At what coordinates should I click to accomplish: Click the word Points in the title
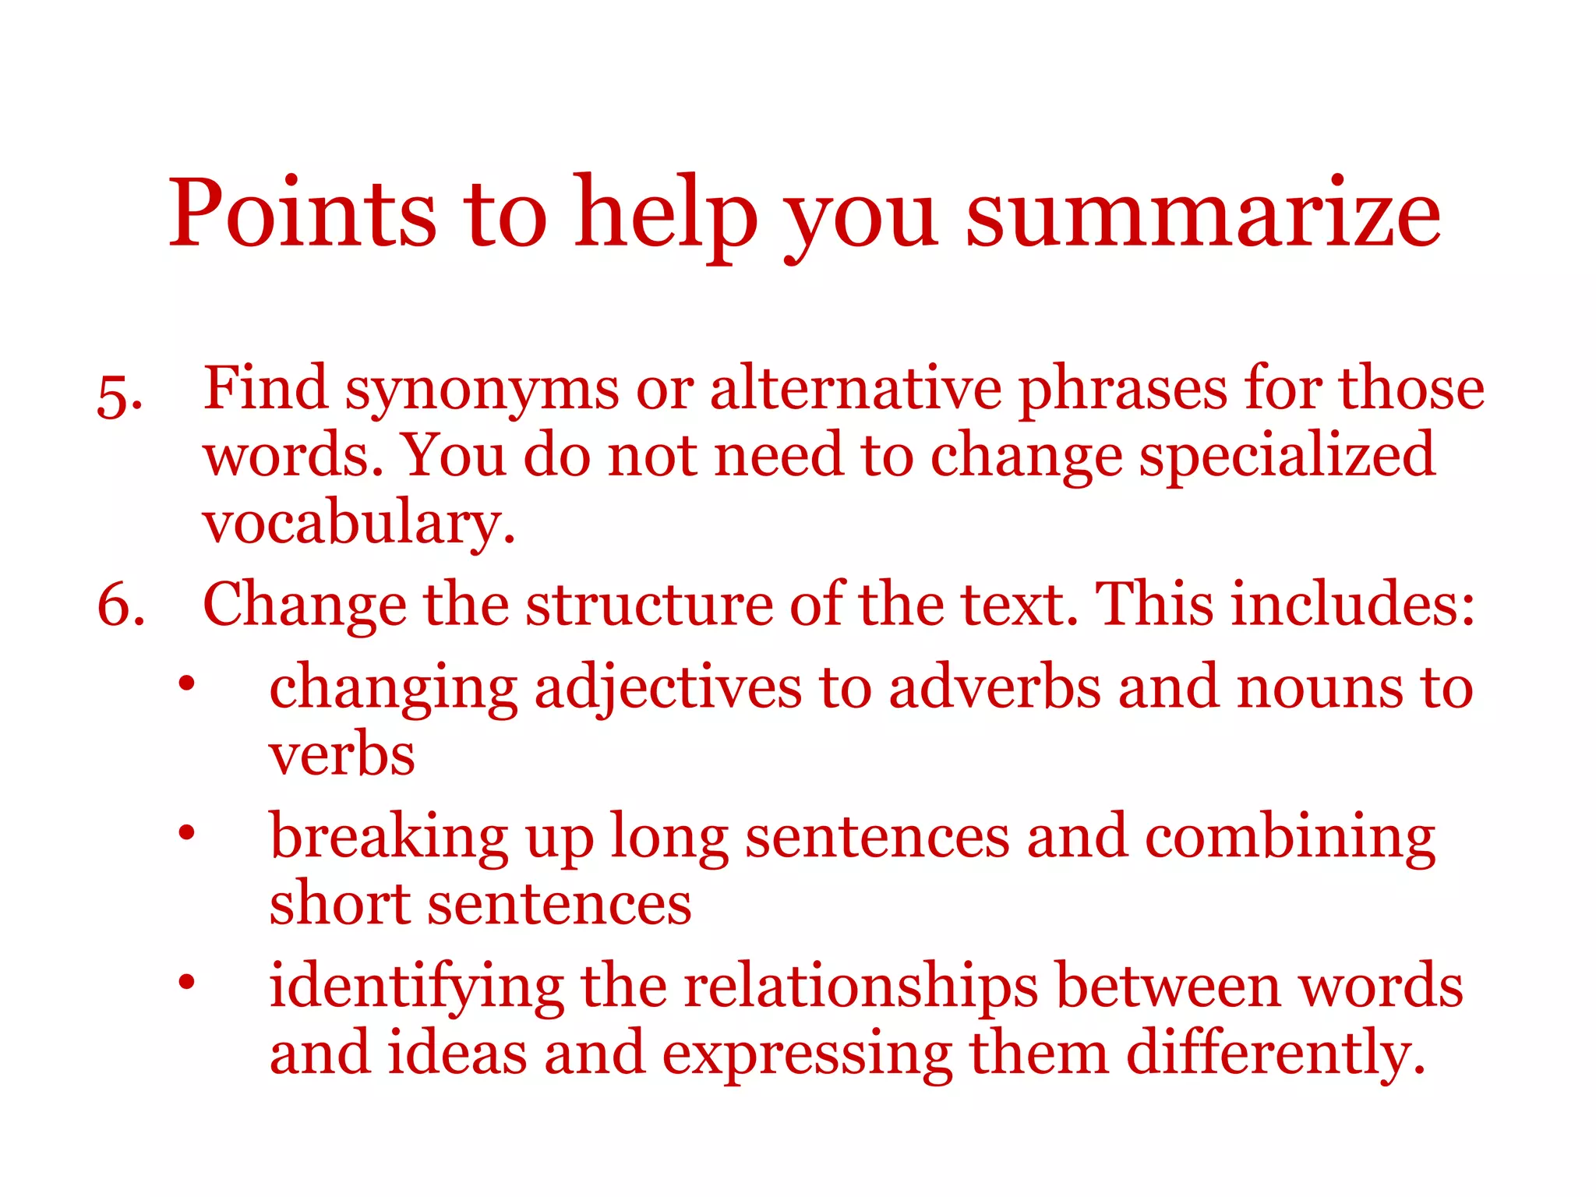click(302, 213)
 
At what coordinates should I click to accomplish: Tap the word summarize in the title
click(1202, 213)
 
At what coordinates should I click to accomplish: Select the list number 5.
click(119, 397)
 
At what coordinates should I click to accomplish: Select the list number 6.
click(121, 605)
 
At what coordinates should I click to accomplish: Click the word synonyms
click(482, 390)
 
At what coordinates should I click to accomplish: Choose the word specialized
click(1286, 456)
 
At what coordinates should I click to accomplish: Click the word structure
click(649, 605)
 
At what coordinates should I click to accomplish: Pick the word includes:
click(1353, 605)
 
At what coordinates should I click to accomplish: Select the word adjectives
click(668, 689)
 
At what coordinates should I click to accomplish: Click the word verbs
click(341, 756)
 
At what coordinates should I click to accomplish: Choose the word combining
click(1290, 839)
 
